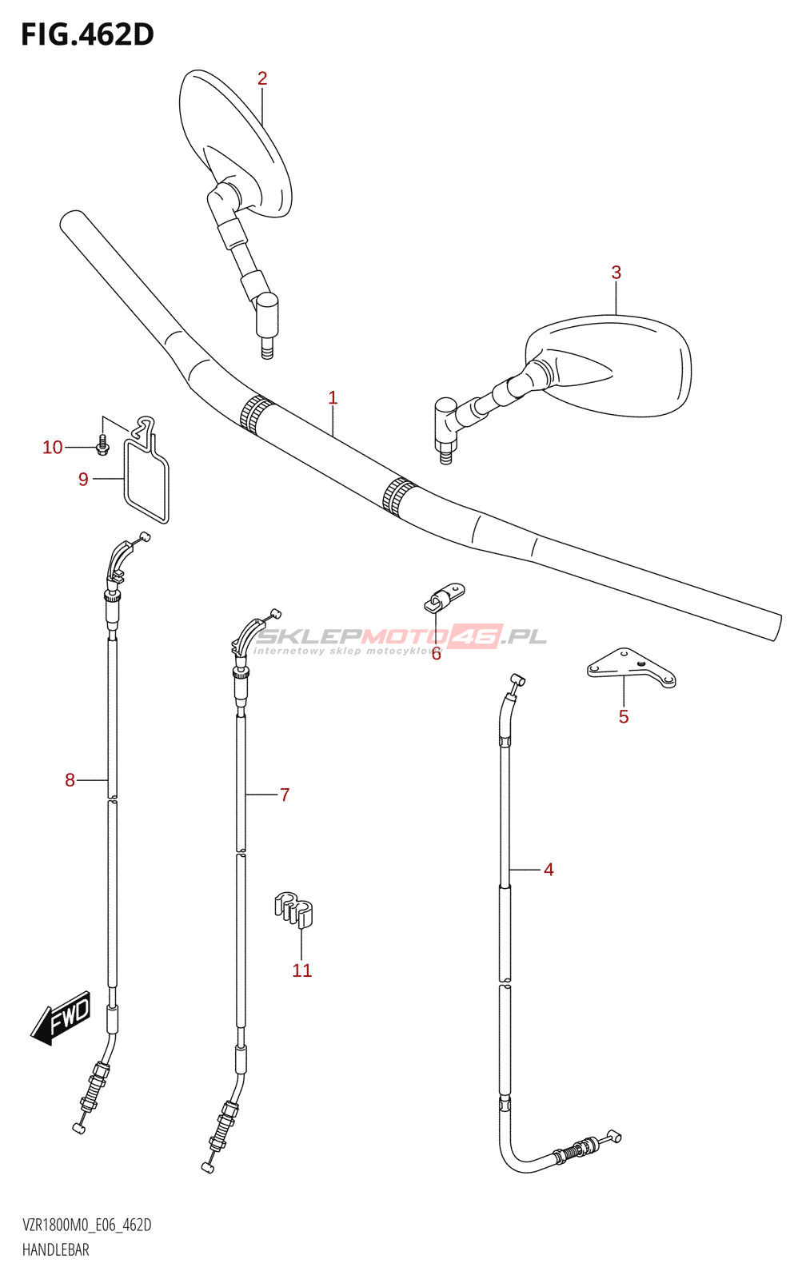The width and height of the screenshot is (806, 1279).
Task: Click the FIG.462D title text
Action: coord(87,34)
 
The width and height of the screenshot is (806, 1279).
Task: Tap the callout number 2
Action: coord(262,78)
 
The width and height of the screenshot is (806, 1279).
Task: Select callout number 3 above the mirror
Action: coord(616,273)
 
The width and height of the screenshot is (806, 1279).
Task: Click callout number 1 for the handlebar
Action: coord(333,398)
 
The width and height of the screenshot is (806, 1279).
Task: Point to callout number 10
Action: coord(53,448)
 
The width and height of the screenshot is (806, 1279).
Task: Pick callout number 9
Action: coord(83,480)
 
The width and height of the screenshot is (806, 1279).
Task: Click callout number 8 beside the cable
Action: coord(70,780)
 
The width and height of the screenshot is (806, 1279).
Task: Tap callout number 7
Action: coord(285,795)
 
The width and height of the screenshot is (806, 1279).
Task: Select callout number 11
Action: coord(301,970)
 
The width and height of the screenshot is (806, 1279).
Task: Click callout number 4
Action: coord(549,870)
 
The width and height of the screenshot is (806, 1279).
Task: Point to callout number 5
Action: coord(624,717)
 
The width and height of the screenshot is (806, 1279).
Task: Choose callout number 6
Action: coord(436,655)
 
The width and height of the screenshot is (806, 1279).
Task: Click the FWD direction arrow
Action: coord(62,1019)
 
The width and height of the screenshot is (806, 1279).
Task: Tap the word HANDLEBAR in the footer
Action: coord(56,1249)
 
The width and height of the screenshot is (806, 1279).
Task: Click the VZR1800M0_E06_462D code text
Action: coord(87,1225)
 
